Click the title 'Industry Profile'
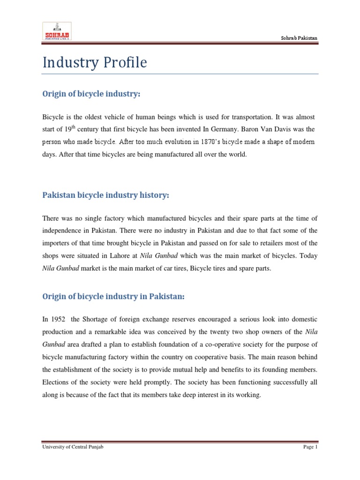click(x=95, y=62)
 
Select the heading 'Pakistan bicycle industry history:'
click(x=105, y=195)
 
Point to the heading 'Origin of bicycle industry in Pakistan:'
click(x=114, y=296)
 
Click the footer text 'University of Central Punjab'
click(x=72, y=448)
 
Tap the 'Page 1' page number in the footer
click(x=310, y=448)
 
